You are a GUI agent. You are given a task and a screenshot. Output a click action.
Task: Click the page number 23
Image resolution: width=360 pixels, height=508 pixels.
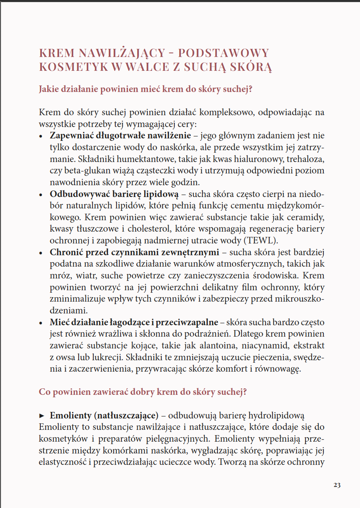click(337, 485)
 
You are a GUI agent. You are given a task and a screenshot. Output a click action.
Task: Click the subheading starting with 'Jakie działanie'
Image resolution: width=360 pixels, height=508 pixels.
click(146, 89)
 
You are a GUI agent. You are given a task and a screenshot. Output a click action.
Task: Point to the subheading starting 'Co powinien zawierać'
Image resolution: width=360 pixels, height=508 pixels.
click(143, 392)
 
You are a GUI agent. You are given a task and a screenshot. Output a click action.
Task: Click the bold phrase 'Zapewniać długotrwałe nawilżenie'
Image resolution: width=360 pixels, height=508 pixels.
click(120, 136)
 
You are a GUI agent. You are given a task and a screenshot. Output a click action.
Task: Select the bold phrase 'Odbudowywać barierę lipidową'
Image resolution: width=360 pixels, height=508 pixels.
click(114, 194)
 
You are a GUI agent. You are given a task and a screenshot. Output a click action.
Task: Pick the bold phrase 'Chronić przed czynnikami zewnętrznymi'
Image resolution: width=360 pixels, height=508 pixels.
click(134, 252)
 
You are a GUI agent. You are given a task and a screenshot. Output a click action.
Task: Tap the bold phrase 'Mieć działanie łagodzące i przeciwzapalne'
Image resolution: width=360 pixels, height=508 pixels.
click(134, 322)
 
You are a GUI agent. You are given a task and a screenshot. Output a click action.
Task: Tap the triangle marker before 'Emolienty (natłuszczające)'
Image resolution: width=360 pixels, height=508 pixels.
click(42, 416)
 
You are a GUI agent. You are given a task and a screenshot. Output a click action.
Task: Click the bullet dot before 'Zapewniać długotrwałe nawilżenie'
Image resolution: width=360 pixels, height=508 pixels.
click(41, 136)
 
